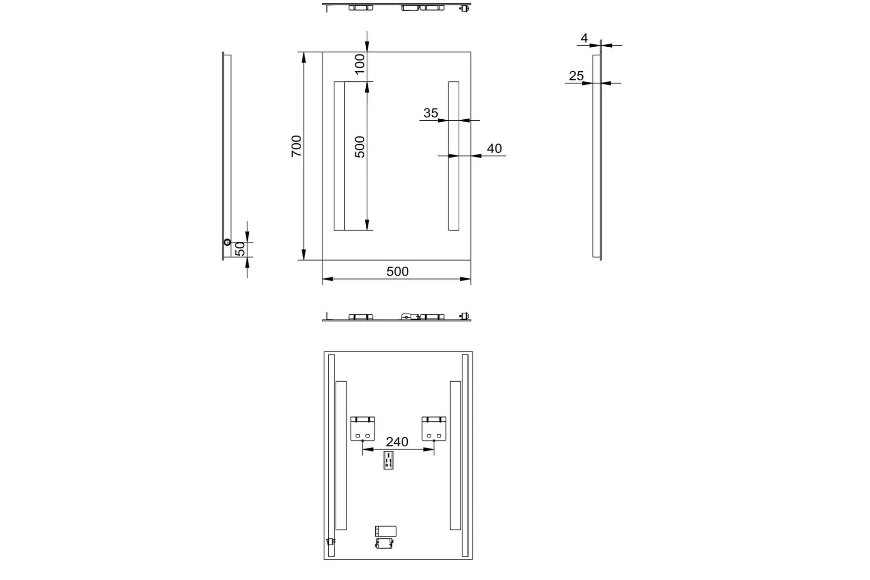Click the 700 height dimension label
296,146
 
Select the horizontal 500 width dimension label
398,271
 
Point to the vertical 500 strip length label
360,147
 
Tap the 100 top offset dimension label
359,64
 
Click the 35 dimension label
431,113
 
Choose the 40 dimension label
494,148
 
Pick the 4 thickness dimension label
584,38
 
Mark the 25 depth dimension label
576,76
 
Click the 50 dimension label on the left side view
240,249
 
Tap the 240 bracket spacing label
397,442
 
